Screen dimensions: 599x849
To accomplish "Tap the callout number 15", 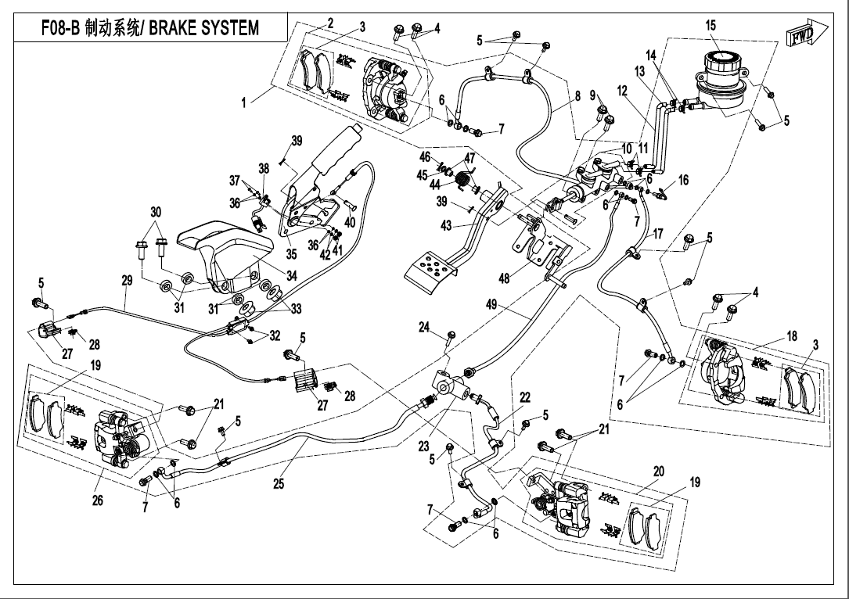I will [710, 26].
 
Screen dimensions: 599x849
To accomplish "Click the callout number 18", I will [792, 336].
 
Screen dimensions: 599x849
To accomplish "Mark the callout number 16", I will [683, 180].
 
